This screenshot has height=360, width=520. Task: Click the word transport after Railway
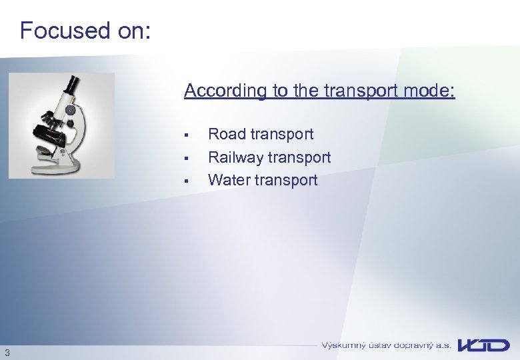click(299, 157)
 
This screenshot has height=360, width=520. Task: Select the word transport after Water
click(287, 180)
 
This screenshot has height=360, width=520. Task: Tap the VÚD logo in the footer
click(484, 345)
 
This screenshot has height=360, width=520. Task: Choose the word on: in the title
click(133, 31)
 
